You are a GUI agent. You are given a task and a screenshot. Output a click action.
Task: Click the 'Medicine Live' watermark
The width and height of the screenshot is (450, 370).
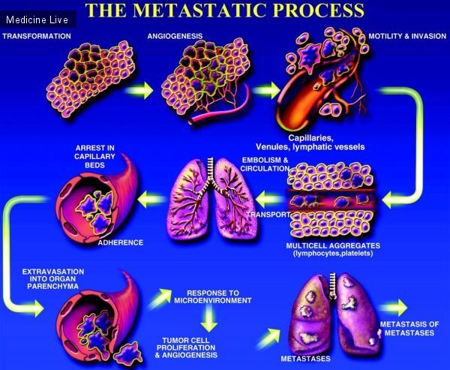tap(37, 20)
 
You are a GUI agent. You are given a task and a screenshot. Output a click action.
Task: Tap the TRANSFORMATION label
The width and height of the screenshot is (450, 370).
tap(37, 36)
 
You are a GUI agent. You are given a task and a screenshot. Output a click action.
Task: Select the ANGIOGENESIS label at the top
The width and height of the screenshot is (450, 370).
tap(175, 36)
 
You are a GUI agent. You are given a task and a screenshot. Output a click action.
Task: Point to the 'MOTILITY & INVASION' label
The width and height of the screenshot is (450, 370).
tap(407, 36)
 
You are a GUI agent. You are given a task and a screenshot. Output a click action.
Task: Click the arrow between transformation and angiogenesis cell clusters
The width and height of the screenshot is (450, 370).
tap(139, 91)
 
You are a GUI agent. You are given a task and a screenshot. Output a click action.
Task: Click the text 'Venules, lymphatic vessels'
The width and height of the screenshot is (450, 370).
tap(310, 147)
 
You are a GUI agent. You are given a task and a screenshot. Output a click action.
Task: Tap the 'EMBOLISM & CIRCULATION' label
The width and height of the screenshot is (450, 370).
tap(265, 164)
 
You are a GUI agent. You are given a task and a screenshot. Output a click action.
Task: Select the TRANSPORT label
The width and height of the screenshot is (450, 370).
tap(268, 215)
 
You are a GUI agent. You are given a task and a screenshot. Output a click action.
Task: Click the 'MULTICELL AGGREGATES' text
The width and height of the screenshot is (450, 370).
tap(333, 246)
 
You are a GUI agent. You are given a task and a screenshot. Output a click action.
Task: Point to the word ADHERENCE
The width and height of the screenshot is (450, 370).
tap(121, 242)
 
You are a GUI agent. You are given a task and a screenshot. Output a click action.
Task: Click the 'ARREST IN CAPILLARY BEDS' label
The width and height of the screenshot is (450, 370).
tap(94, 157)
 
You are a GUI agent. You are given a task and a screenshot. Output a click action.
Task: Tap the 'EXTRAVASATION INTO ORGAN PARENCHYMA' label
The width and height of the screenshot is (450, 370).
tap(53, 279)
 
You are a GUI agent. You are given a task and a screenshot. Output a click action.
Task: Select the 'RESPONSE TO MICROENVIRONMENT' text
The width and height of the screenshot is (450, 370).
tap(213, 296)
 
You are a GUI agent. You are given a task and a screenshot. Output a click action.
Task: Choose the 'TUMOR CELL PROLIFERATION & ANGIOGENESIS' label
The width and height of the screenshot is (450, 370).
tap(186, 348)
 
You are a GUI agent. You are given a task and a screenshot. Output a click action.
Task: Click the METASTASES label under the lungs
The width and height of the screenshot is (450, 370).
tap(305, 359)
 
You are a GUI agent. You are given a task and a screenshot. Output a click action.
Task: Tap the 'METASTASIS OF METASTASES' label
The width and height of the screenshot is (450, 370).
tap(409, 329)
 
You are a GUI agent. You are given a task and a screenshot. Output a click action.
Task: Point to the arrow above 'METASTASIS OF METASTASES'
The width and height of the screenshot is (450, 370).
tap(394, 308)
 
